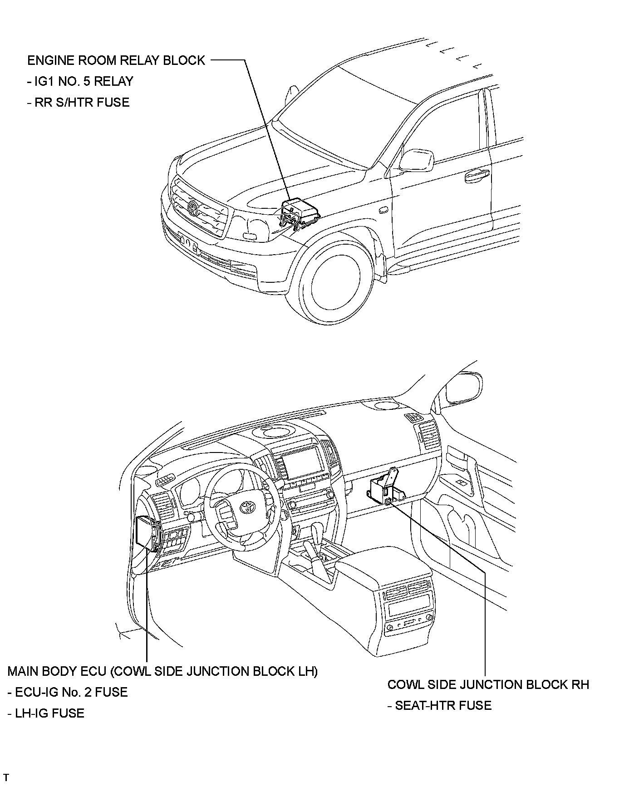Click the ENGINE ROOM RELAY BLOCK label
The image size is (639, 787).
tap(116, 60)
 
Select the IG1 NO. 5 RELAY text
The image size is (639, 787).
tap(80, 81)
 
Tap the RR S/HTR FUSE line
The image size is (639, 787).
tap(79, 102)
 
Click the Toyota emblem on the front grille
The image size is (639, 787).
tap(193, 208)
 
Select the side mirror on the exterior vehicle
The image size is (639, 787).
tap(416, 160)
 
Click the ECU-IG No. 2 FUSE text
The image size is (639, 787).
tap(68, 692)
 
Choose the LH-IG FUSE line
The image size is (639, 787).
tap(46, 713)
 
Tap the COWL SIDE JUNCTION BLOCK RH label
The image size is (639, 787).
tap(488, 684)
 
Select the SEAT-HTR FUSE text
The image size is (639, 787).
tap(440, 705)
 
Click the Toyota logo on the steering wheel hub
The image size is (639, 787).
tap(248, 507)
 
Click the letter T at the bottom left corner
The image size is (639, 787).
tap(6, 778)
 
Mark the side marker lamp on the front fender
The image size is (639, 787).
tap(384, 210)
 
